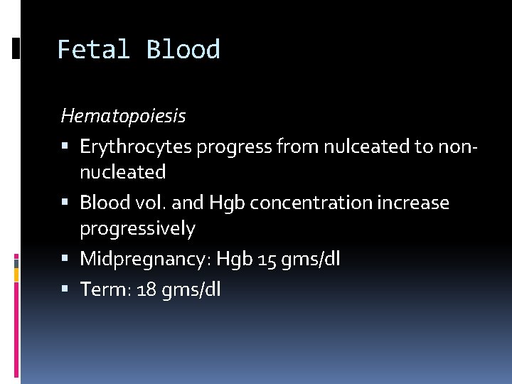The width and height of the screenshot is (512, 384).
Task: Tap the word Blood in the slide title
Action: [183, 50]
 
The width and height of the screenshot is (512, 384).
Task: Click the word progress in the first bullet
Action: [234, 146]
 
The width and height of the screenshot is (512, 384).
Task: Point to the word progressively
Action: [137, 228]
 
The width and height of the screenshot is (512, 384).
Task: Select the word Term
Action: [100, 289]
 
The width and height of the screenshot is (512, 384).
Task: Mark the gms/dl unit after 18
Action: [190, 289]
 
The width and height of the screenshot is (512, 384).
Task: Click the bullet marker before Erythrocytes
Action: [65, 147]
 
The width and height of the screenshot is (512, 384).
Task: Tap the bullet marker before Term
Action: [65, 289]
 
